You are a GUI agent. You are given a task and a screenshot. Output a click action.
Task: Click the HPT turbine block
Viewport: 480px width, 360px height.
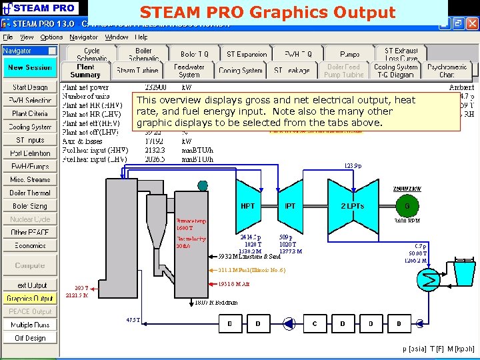[x=248, y=206]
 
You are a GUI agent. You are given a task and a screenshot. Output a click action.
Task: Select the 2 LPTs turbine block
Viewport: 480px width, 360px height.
[x=351, y=206]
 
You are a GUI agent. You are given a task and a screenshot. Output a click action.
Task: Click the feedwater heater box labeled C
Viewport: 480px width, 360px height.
[x=315, y=323]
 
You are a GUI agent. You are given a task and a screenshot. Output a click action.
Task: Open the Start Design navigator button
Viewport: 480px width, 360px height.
[x=30, y=87]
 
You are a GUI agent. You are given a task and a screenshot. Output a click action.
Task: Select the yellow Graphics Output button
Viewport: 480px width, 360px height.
[x=30, y=299]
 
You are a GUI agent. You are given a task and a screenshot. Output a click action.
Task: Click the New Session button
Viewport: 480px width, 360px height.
[x=30, y=67]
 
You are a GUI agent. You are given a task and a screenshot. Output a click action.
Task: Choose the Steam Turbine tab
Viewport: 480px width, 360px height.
[x=137, y=71]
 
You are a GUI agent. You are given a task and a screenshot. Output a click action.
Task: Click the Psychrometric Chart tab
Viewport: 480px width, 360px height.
[x=447, y=71]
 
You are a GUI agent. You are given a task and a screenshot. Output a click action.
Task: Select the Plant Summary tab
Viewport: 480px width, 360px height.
[x=85, y=71]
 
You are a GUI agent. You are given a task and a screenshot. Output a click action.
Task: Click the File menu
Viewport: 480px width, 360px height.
[x=8, y=37]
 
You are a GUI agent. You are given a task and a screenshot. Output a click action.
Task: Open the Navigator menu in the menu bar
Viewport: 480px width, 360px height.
[x=83, y=37]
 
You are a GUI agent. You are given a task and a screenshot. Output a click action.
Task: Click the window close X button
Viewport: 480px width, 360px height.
[x=472, y=24]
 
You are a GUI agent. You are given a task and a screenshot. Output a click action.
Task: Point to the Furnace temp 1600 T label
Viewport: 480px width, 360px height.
[x=191, y=225]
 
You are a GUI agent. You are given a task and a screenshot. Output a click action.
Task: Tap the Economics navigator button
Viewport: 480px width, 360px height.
[x=30, y=245]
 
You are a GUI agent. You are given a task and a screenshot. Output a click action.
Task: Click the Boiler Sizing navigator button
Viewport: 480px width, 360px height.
[x=30, y=206]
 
